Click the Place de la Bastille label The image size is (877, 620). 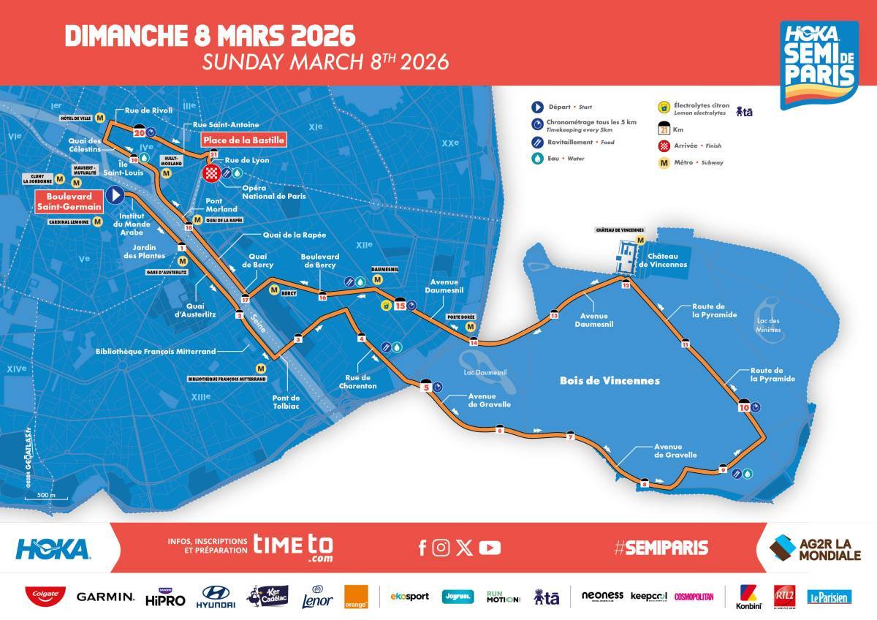(x=243, y=140)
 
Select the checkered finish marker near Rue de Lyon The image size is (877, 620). (x=212, y=173)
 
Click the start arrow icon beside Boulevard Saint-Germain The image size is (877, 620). (x=114, y=194)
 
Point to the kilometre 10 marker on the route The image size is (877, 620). (x=744, y=407)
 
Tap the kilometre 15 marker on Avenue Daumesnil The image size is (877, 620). (x=400, y=306)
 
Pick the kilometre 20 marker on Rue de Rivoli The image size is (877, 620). (x=139, y=133)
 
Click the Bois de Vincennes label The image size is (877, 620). (x=610, y=381)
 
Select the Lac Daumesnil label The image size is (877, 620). (x=485, y=372)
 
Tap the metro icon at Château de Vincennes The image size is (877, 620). (x=641, y=239)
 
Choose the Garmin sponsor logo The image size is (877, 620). (x=105, y=597)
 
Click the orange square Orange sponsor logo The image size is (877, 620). (x=356, y=597)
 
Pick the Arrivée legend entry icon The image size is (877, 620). (x=664, y=146)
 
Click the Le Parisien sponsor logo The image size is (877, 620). (x=829, y=597)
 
